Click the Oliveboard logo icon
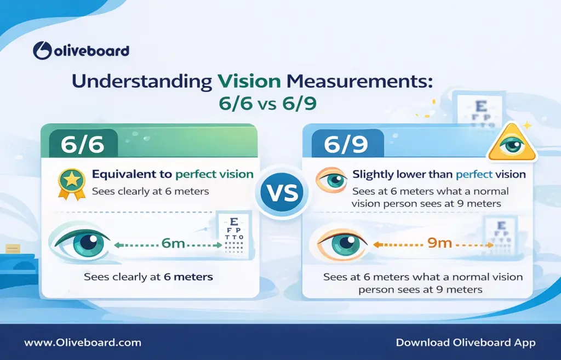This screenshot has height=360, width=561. [42, 51]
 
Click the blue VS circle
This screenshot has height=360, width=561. [281, 192]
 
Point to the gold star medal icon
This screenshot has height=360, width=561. [72, 182]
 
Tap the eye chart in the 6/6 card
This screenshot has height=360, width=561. [235, 236]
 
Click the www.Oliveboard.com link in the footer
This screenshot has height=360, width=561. [83, 342]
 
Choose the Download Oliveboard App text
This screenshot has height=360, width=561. [466, 342]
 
